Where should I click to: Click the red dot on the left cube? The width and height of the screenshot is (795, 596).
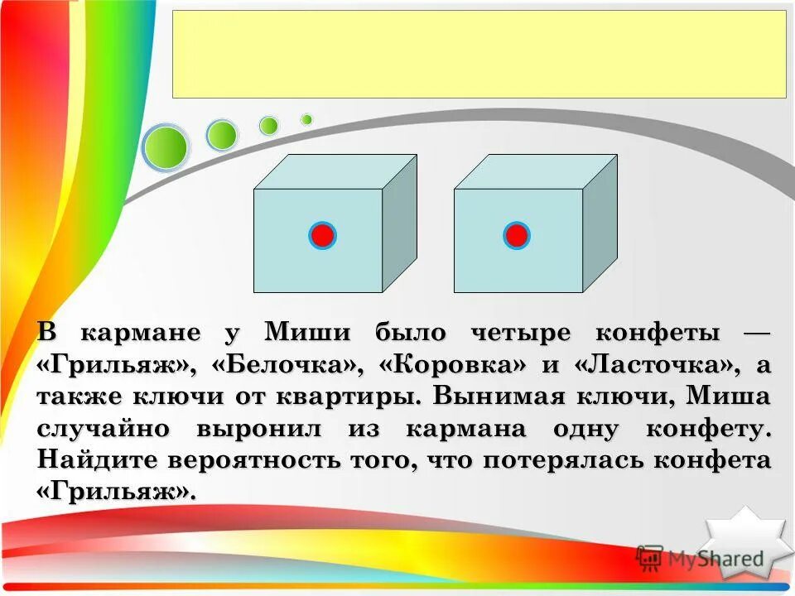point(322,236)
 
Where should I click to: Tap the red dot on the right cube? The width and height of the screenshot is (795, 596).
point(516,236)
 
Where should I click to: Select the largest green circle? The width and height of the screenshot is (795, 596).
point(166,147)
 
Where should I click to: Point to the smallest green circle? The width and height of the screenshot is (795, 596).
point(306,119)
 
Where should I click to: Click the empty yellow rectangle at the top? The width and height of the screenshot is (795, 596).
point(479,54)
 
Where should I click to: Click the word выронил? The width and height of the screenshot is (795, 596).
point(265,429)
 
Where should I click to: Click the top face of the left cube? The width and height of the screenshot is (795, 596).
point(335,171)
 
